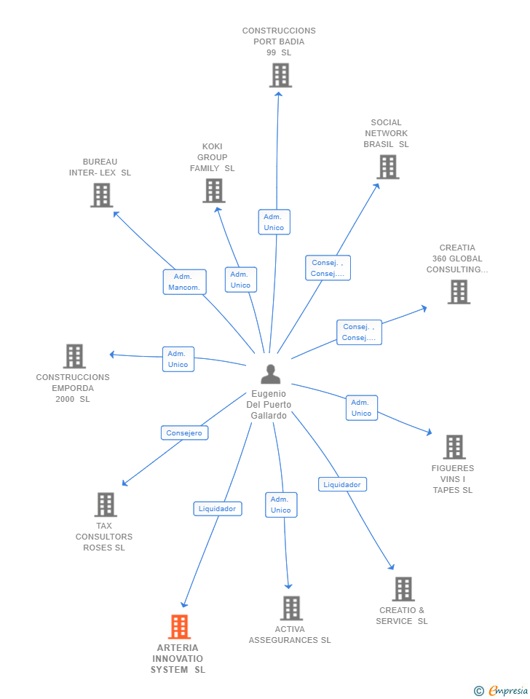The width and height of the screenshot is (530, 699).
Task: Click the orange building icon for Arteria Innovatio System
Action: click(179, 626)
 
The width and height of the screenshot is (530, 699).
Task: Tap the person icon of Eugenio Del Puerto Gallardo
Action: click(270, 374)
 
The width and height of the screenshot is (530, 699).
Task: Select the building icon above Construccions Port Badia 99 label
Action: click(280, 75)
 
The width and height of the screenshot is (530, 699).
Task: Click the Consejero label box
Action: click(184, 433)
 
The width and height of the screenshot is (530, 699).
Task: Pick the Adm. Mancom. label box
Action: click(184, 282)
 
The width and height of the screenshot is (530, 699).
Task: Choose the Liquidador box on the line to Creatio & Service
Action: click(341, 484)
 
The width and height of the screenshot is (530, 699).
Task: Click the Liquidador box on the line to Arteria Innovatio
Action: click(217, 508)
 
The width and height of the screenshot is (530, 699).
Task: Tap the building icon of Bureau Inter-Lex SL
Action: click(101, 195)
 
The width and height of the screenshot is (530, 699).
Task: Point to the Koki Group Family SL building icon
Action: click(213, 191)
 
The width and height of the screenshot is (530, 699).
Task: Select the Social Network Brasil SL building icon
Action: click(387, 167)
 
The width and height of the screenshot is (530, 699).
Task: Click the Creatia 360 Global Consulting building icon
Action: click(458, 291)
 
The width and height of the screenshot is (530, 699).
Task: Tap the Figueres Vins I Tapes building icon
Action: click(454, 446)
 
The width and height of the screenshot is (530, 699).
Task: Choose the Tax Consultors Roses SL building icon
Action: click(106, 505)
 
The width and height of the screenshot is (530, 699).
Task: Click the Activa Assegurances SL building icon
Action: click(291, 608)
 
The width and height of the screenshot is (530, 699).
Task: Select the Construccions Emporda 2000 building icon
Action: click(74, 356)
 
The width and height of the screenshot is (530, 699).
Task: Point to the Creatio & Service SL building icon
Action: click(403, 588)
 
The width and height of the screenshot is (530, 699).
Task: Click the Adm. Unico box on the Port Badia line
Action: click(274, 222)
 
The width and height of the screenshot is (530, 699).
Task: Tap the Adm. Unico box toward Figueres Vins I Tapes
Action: click(361, 408)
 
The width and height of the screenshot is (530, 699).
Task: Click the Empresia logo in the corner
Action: click(502, 690)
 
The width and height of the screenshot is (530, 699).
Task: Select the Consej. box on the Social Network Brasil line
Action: click(328, 268)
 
